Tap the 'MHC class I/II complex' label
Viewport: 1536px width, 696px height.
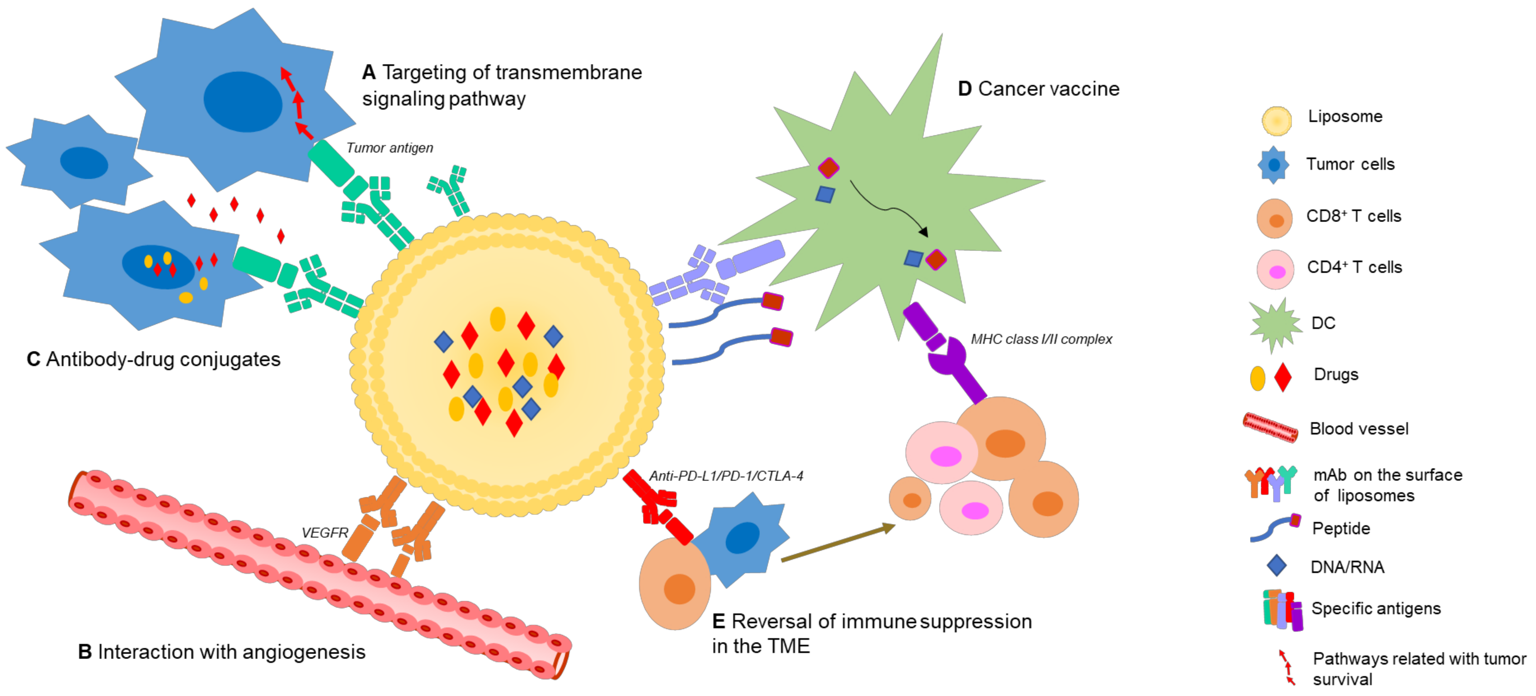point(1041,339)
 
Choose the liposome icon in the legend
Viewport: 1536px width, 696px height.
point(1276,121)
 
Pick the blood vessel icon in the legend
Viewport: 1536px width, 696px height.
point(1270,428)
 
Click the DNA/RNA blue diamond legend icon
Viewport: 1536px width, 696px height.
point(1276,566)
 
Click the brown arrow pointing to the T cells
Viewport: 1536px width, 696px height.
point(838,543)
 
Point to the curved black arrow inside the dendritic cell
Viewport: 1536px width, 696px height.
point(888,209)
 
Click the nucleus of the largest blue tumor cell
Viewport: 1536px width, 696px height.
point(242,101)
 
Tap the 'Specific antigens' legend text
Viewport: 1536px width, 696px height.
point(1376,608)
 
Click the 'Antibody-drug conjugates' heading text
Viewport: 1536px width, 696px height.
point(163,359)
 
